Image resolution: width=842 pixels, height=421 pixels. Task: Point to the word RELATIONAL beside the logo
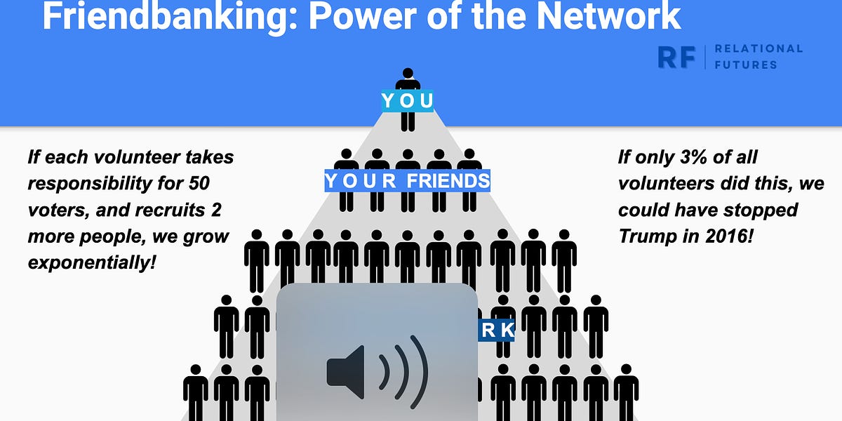758,48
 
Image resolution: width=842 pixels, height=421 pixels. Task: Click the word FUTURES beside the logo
745,65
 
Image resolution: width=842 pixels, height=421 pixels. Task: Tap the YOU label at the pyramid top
407,101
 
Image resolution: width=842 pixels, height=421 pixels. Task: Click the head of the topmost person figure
407,74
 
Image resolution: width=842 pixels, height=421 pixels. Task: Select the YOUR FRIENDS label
407,181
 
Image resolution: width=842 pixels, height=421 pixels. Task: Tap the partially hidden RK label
497,330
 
